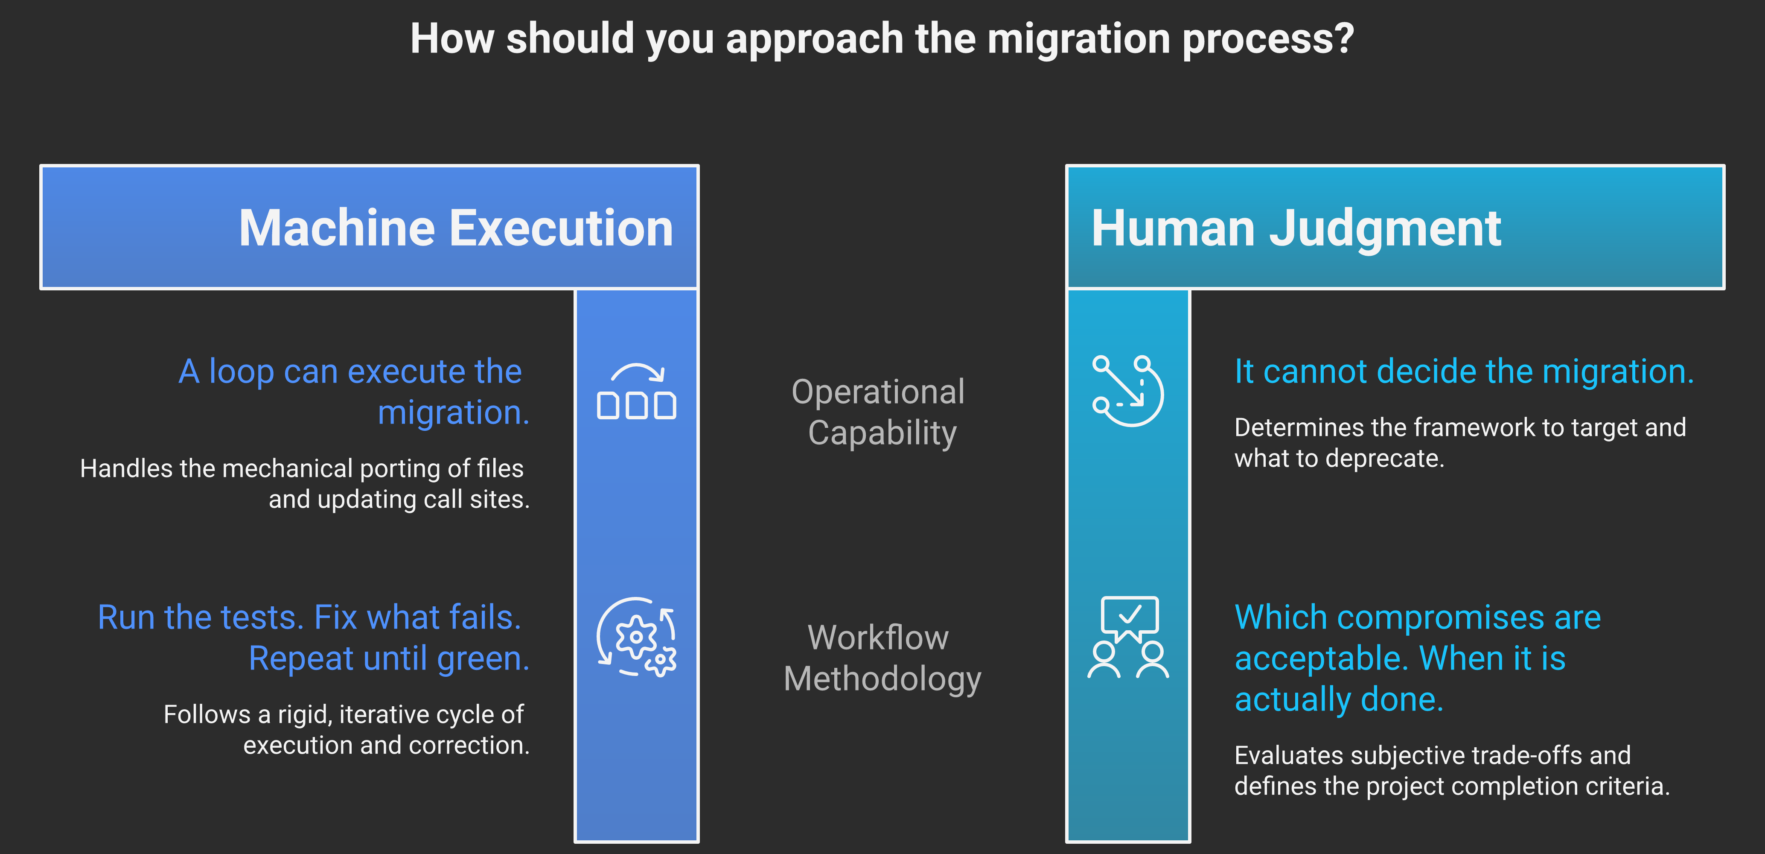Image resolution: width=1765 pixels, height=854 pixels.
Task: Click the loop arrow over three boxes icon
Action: pos(637,392)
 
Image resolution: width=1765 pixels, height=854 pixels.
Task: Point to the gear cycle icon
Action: pos(637,637)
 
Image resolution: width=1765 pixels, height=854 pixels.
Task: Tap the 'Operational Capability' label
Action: pos(880,412)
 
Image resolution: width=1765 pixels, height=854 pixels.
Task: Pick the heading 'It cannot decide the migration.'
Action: pos(1464,371)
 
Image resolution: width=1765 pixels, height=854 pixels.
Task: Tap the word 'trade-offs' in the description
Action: pos(1527,755)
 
